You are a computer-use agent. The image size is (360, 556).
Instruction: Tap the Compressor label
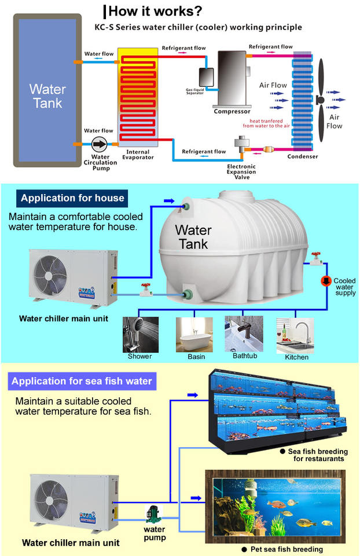(232, 111)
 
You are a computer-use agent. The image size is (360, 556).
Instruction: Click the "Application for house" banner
(72, 198)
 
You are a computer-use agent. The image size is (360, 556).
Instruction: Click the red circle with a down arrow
(326, 281)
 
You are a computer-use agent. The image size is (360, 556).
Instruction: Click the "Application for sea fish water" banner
(82, 381)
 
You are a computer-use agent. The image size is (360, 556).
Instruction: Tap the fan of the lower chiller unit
(54, 503)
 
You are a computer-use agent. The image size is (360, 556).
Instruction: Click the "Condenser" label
(303, 156)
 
